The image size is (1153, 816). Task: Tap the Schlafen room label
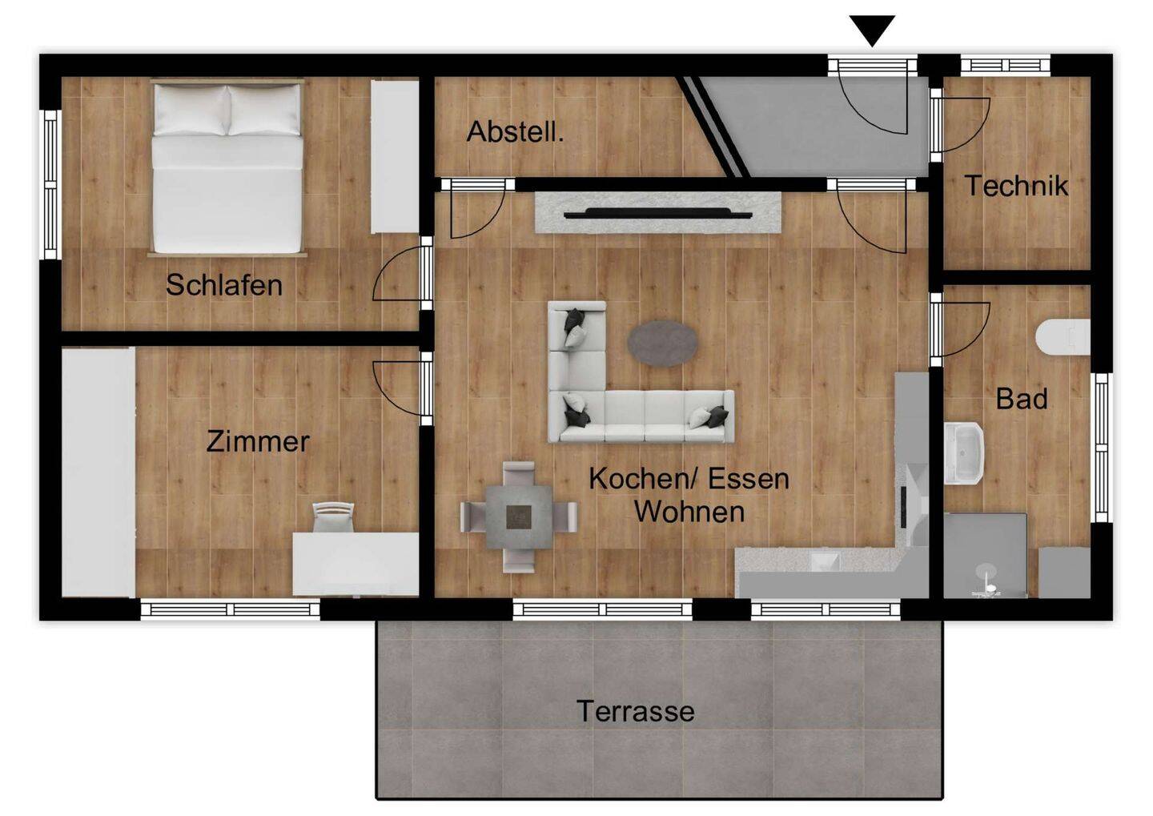[223, 285]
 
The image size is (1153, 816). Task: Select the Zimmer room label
[257, 441]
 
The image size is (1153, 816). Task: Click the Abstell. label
[515, 131]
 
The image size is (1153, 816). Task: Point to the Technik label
[1015, 186]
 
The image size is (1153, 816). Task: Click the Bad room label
[1021, 398]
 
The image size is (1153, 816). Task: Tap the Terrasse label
[635, 711]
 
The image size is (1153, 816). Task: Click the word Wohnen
[689, 511]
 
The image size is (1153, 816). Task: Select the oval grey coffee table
[661, 343]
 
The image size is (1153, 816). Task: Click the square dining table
[518, 517]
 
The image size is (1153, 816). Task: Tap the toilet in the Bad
[1063, 336]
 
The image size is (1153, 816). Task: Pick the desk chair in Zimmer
[332, 517]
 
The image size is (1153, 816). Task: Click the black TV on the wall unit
[657, 214]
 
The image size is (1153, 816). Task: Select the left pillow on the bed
[191, 110]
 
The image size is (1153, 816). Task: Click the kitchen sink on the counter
[821, 560]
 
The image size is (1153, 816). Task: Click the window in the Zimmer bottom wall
[231, 609]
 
